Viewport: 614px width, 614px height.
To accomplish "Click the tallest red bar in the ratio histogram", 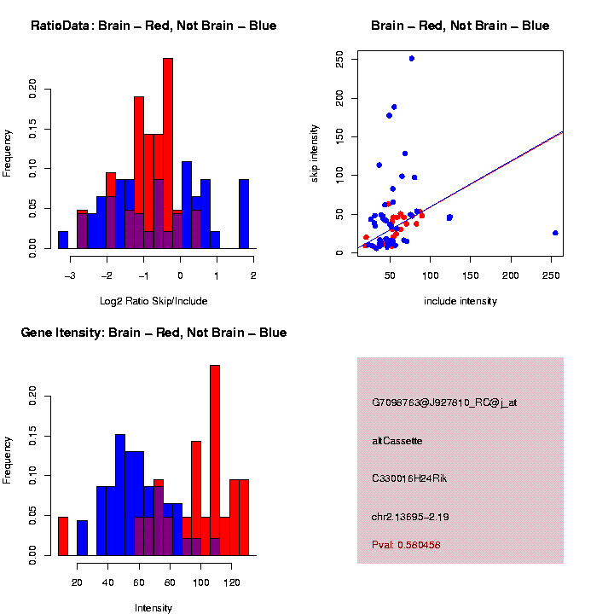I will pos(168,153).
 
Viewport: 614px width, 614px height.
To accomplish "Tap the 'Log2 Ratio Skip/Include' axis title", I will pos(153,300).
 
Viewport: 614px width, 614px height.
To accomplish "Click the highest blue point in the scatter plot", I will pos(411,59).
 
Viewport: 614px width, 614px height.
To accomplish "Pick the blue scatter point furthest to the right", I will pos(555,233).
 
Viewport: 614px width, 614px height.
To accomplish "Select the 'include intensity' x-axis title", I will pos(460,301).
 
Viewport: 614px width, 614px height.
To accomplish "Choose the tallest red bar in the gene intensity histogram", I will pos(215,460).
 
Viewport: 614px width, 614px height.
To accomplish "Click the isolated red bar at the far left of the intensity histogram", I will pos(62,536).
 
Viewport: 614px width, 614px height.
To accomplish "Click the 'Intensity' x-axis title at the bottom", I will pos(153,608).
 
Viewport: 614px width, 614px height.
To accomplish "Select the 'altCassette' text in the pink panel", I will pos(397,441).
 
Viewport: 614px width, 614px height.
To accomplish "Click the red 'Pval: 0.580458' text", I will pos(406,545).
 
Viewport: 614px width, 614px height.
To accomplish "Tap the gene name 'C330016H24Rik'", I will pos(409,478).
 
